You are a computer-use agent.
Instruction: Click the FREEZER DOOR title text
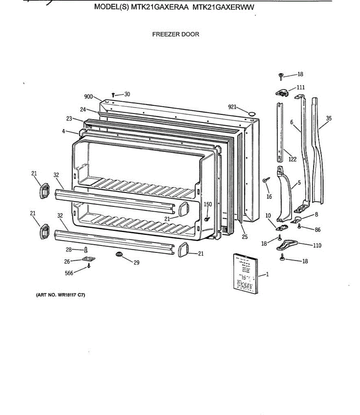tap(176, 34)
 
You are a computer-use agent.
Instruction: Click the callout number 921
tap(232, 107)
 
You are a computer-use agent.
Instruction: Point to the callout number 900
tap(89, 96)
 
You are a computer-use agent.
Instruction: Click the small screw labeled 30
tap(113, 94)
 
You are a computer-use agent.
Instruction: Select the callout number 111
tap(301, 87)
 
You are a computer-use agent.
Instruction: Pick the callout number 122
tap(292, 159)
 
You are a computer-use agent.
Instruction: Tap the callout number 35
tap(329, 118)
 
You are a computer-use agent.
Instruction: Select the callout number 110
tap(317, 246)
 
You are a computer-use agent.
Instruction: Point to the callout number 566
tap(69, 273)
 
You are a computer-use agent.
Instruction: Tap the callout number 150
tap(208, 204)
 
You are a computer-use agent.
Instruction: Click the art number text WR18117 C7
tap(61, 295)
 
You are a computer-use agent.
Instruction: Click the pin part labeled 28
tap(86, 249)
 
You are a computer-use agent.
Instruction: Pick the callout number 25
tap(245, 237)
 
